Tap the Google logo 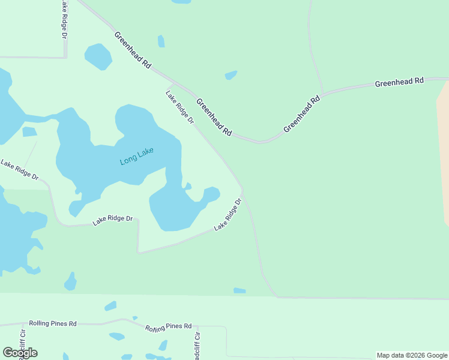pos(20,353)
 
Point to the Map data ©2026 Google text pos(412,355)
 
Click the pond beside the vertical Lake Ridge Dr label pos(98,56)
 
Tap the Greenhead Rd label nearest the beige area pos(399,82)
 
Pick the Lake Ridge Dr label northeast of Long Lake pos(180,107)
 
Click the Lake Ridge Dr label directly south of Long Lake pos(112,220)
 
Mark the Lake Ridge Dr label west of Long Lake pos(19,170)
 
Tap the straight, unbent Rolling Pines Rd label pos(53,323)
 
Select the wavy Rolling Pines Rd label pos(168,327)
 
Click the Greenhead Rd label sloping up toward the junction pos(301,113)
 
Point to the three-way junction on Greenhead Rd pos(323,94)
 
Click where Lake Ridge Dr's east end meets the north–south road pos(243,190)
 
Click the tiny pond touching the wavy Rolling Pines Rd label pos(135,318)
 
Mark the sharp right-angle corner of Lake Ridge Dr pos(138,220)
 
